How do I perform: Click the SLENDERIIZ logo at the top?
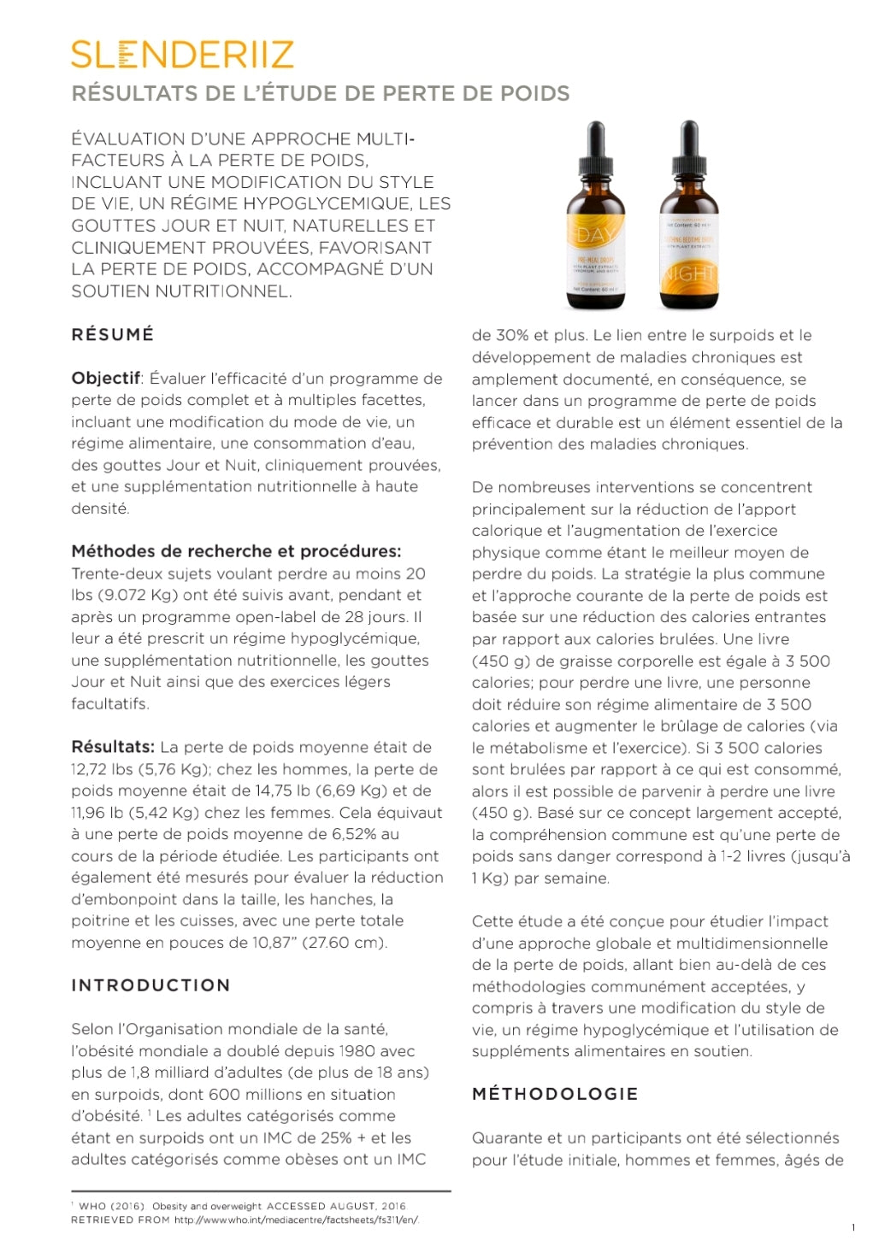[x=182, y=55]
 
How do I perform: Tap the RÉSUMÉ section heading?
[x=113, y=335]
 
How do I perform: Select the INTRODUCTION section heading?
[x=150, y=985]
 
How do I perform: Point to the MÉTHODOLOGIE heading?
[x=555, y=1094]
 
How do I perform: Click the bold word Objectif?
[x=105, y=379]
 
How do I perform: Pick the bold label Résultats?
[x=113, y=747]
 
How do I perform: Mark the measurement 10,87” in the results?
[x=274, y=943]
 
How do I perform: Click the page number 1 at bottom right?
[x=852, y=1228]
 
